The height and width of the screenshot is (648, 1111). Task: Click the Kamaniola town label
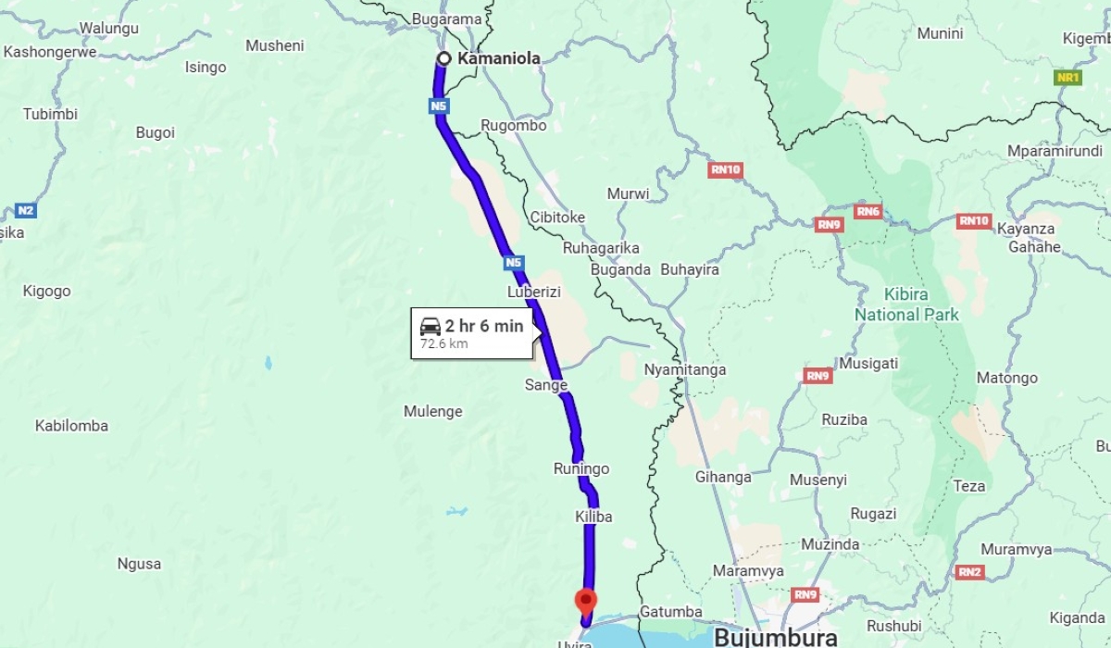pos(498,58)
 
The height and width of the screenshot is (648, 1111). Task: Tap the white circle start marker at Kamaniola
pos(443,58)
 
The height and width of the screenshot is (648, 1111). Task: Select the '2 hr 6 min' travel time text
pos(483,326)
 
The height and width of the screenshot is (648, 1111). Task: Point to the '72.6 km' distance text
pos(444,344)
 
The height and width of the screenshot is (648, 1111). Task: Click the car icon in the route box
pos(431,326)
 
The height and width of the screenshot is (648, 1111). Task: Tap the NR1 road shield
pos(1067,78)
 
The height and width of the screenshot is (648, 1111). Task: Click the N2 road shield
pos(26,210)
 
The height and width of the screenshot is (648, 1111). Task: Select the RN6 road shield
pos(868,212)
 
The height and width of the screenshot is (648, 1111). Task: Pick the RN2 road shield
pos(969,572)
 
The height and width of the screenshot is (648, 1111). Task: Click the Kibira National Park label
pos(906,305)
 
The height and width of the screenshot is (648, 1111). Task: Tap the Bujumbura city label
pos(776,637)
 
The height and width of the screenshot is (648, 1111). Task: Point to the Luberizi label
pos(535,292)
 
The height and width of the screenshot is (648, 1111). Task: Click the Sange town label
pos(545,385)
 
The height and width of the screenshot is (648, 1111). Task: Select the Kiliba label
pos(593,517)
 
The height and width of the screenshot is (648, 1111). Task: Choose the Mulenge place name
pos(432,411)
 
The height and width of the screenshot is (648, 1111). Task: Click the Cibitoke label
pos(557,217)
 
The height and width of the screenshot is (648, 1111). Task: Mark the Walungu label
pos(108,28)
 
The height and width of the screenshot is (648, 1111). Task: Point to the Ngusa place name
pos(139,563)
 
